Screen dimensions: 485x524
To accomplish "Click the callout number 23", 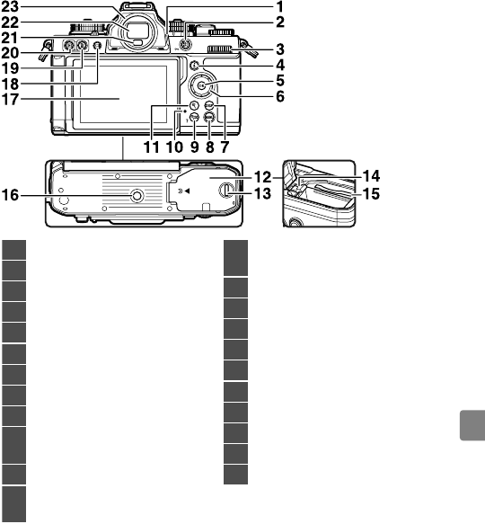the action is pos(10,7).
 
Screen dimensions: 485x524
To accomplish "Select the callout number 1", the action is pos(280,7).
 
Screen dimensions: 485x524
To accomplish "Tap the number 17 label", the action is pos(10,99).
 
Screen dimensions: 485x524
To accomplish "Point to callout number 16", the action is pos(10,195).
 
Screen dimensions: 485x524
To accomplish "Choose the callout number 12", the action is pos(262,177).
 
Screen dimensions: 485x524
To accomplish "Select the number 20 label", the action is pos(10,53).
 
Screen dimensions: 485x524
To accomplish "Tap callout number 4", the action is pos(280,66).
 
